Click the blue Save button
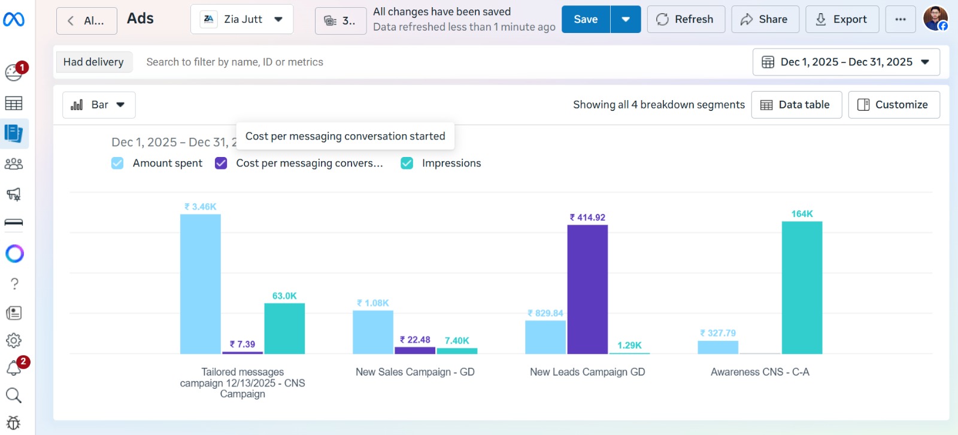(x=586, y=19)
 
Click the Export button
(x=842, y=19)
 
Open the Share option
(x=765, y=19)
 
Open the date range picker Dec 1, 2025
(x=845, y=62)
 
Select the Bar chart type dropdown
(x=99, y=105)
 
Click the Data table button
(x=796, y=105)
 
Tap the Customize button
(x=893, y=105)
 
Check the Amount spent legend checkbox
(x=117, y=163)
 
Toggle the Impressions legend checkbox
(x=407, y=163)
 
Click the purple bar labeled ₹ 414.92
(x=587, y=289)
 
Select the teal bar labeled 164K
(x=802, y=287)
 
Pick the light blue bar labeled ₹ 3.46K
(x=200, y=283)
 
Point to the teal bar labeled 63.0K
(x=284, y=328)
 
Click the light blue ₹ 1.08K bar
(x=373, y=331)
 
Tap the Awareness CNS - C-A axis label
(x=760, y=372)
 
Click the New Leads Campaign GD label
(x=587, y=372)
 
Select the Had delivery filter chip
(x=93, y=62)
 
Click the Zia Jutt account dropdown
(x=242, y=19)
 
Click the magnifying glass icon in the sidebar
(x=14, y=395)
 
